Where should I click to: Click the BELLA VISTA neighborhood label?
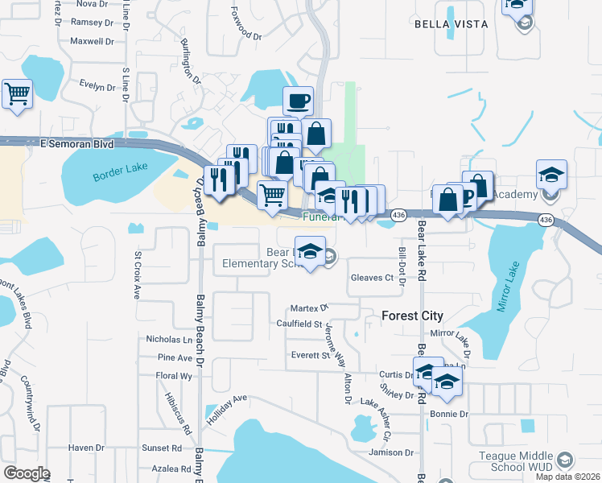pyautogui.click(x=451, y=24)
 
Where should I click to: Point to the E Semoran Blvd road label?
pyautogui.click(x=77, y=142)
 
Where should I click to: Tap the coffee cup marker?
pyautogui.click(x=298, y=102)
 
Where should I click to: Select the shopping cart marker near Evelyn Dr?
pyautogui.click(x=17, y=95)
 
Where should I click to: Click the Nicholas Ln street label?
pyautogui.click(x=164, y=339)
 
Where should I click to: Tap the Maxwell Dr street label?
pyautogui.click(x=92, y=41)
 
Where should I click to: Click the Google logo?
pyautogui.click(x=27, y=473)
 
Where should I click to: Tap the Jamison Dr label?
pyautogui.click(x=385, y=452)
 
